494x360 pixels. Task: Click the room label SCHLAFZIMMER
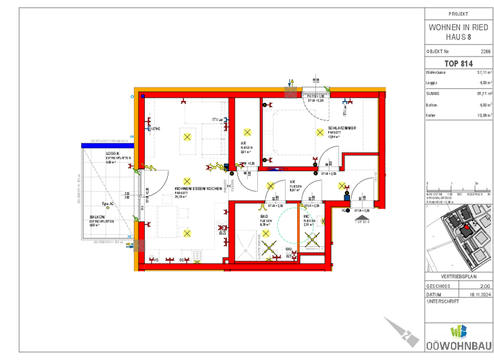[342, 128]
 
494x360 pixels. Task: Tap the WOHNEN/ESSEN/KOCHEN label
[198, 189]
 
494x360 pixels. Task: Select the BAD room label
[264, 216]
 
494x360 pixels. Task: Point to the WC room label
[307, 216]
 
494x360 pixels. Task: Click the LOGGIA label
[114, 153]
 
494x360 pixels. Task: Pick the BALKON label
[97, 217]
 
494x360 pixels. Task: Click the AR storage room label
[244, 143]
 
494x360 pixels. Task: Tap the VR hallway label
[292, 182]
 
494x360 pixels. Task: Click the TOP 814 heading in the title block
[458, 63]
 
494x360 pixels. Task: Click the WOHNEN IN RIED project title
[458, 28]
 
